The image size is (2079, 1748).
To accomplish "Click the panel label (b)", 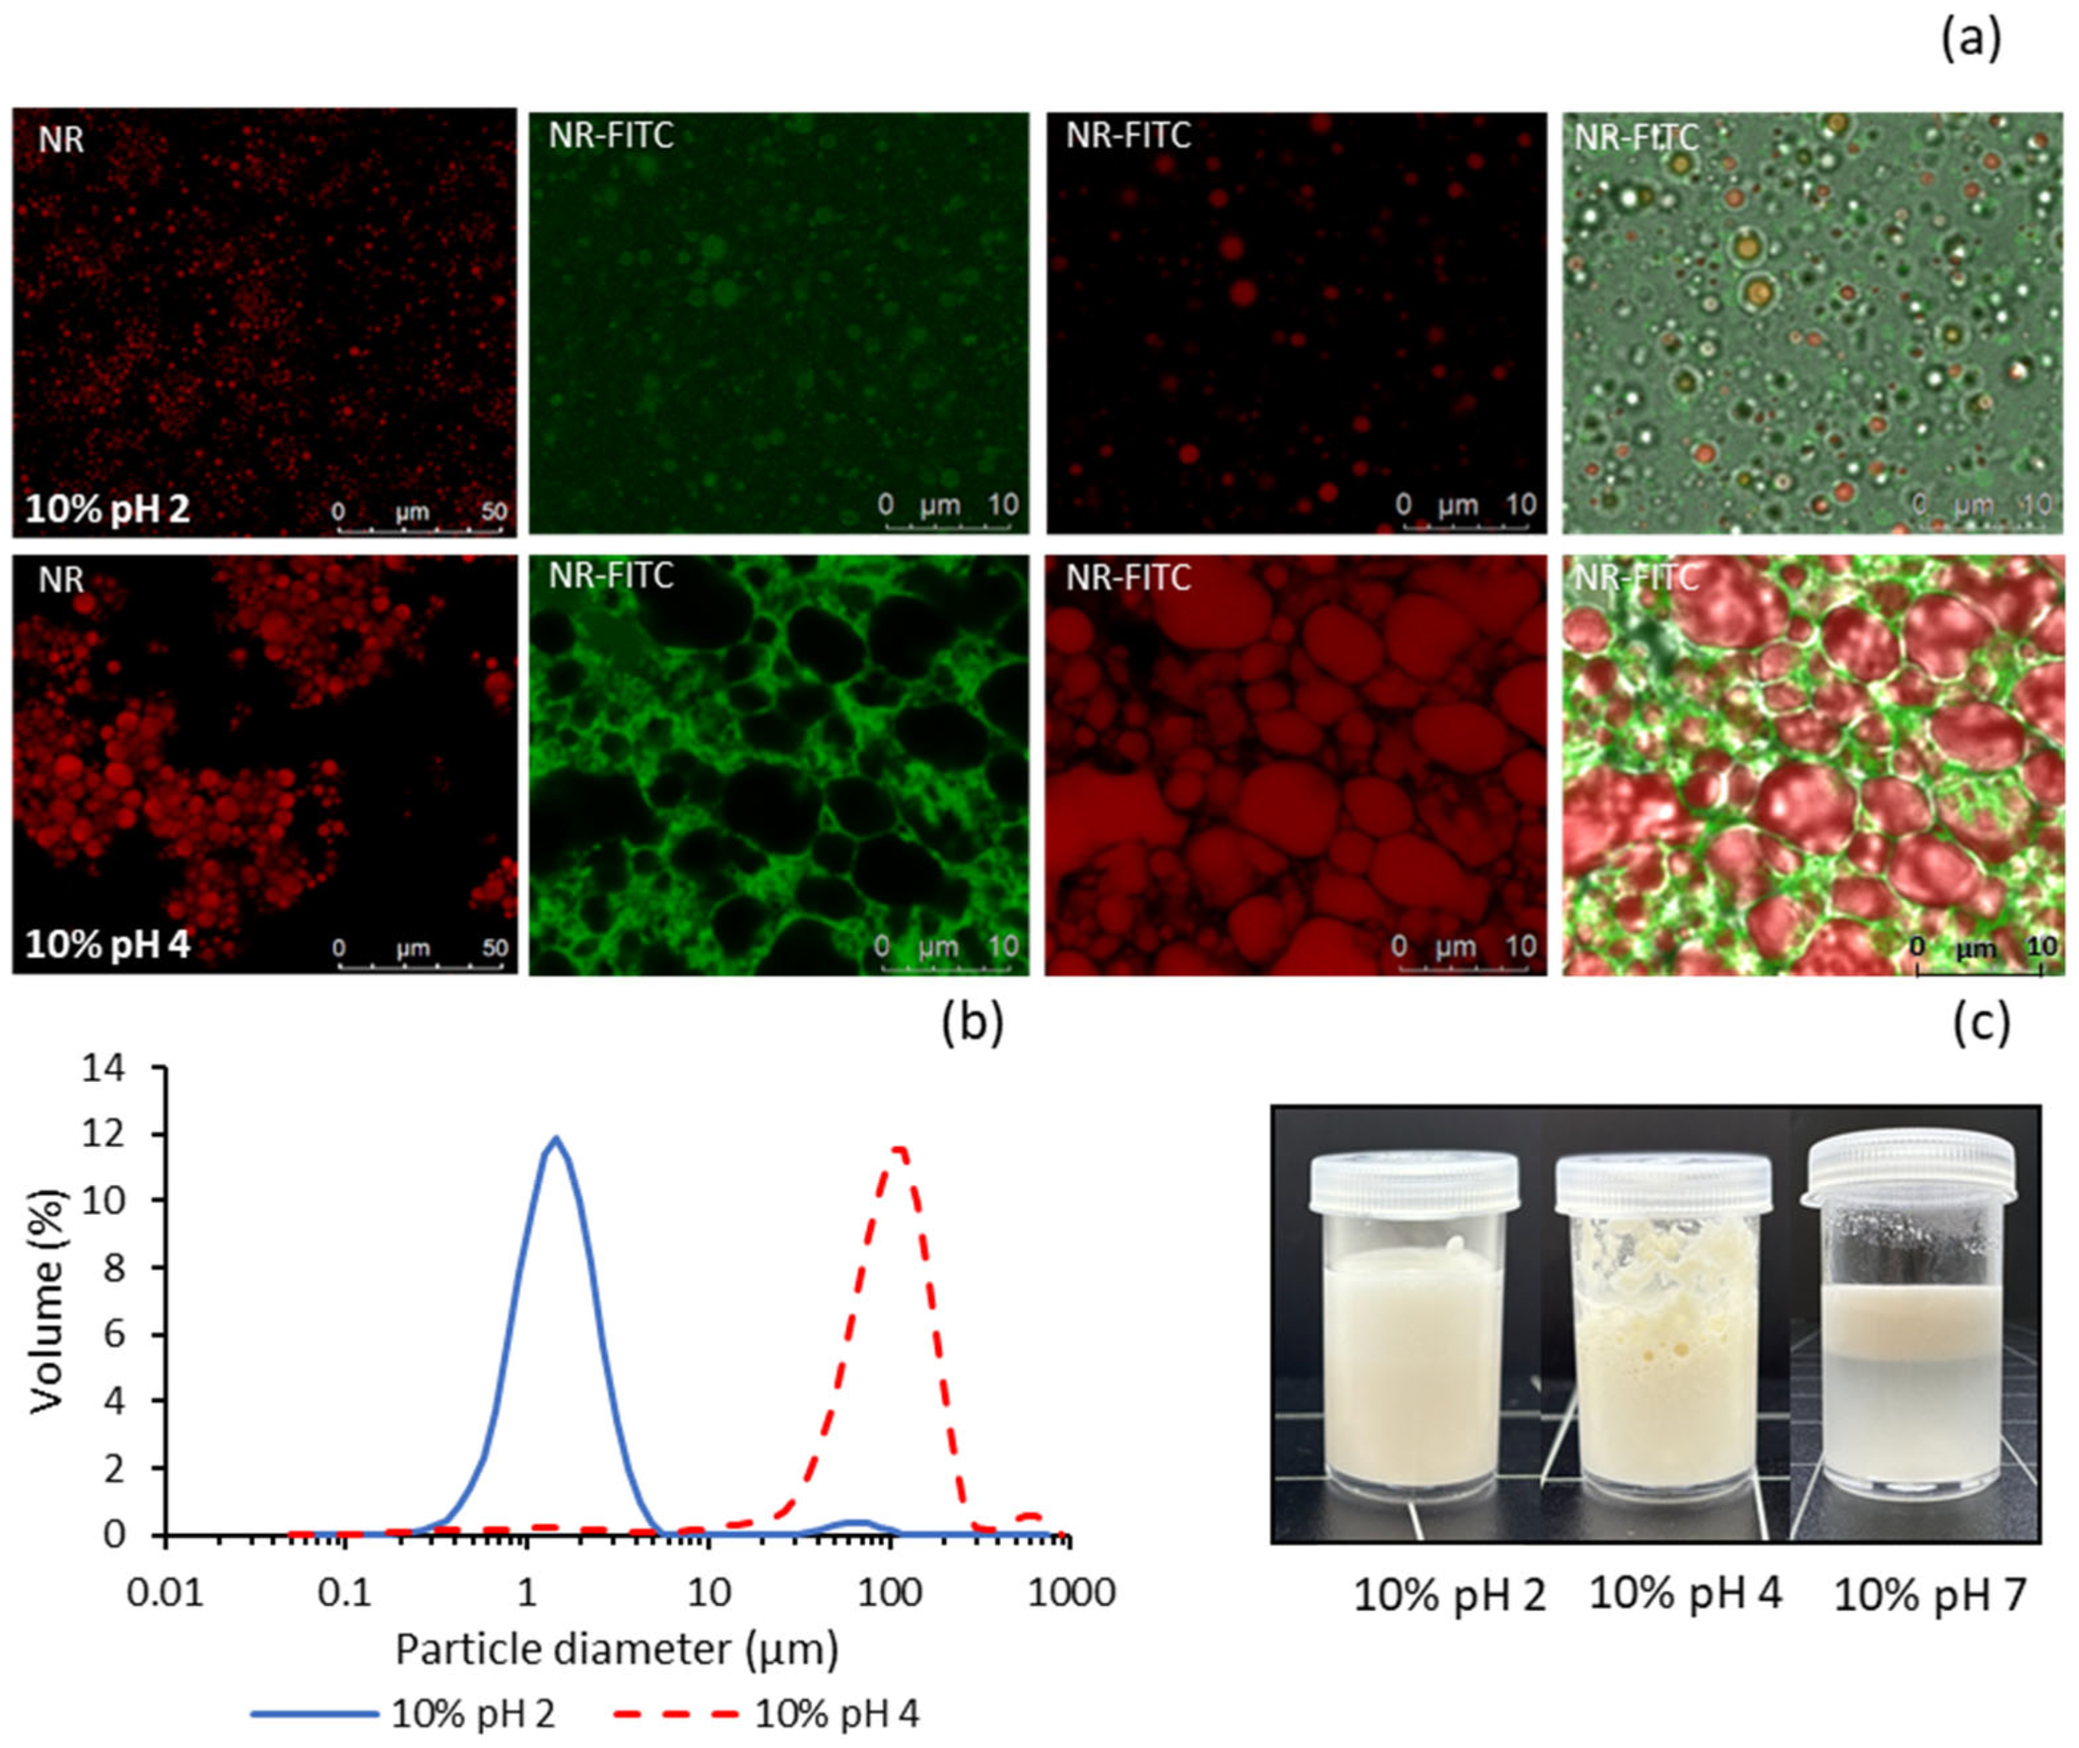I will coord(972,1023).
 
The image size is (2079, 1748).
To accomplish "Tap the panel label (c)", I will coord(1981,1023).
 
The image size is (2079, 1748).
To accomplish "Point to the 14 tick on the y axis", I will coord(106,1068).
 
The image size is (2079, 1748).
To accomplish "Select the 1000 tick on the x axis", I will coord(1070,1592).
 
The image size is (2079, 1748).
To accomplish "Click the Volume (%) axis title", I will coord(46,1300).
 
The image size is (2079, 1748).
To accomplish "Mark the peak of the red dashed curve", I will coord(900,1149).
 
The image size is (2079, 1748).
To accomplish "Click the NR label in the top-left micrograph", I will coord(60,140).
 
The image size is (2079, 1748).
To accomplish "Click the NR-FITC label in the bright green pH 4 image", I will coord(611,576).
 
